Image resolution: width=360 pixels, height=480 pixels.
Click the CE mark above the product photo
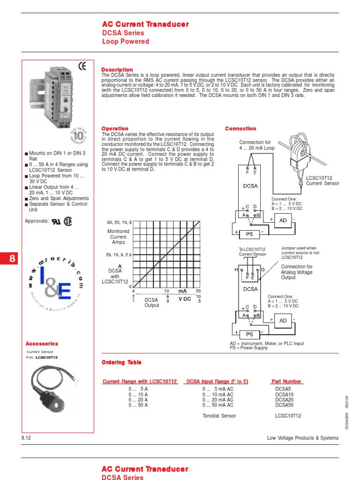[82, 67]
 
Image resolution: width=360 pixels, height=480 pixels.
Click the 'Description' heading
[117, 70]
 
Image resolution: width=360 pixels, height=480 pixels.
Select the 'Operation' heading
[115, 128]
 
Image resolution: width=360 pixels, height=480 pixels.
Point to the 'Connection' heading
[240, 128]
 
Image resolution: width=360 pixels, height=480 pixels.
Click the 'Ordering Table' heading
[121, 362]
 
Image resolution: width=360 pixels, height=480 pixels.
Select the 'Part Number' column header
[286, 382]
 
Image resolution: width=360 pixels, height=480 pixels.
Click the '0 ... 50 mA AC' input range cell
[217, 405]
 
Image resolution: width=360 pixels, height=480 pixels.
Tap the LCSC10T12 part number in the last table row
[288, 416]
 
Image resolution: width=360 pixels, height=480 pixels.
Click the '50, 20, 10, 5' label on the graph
[120, 222]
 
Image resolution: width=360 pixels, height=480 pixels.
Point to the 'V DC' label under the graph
[185, 299]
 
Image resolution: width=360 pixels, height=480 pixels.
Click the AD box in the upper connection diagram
[283, 219]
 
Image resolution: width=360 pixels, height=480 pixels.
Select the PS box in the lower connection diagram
[249, 335]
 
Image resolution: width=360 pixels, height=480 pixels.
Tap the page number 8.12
[26, 438]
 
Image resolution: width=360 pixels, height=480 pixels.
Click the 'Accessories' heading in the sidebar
[42, 344]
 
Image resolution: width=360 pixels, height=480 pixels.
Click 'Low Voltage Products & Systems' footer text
[302, 438]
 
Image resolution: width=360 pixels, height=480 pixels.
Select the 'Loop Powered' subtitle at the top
[125, 42]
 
